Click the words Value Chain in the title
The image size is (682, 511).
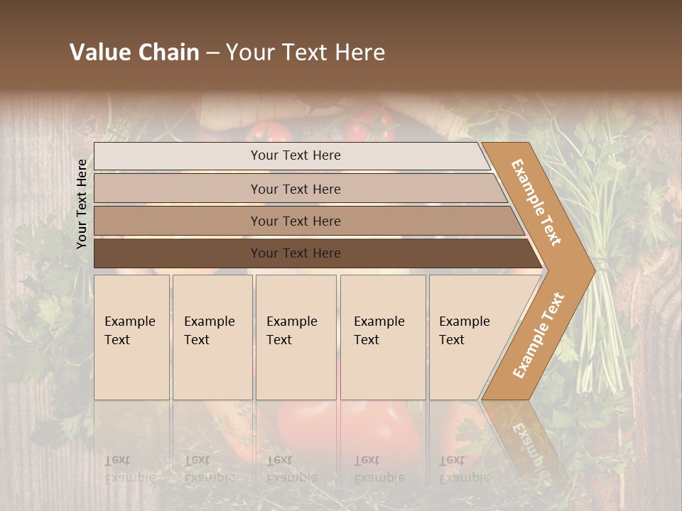pyautogui.click(x=134, y=53)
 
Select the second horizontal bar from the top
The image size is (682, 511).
pyautogui.click(x=296, y=189)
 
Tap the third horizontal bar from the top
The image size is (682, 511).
pyautogui.click(x=296, y=221)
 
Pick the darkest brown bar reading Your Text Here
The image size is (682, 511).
pyautogui.click(x=296, y=253)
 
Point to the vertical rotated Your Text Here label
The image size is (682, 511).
pyautogui.click(x=82, y=204)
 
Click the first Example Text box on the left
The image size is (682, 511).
pyautogui.click(x=131, y=336)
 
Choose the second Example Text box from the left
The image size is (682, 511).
pyautogui.click(x=212, y=336)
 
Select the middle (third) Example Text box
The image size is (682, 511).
pyautogui.click(x=296, y=336)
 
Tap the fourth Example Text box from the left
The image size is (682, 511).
pyautogui.click(x=383, y=336)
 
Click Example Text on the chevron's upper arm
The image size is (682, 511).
pyautogui.click(x=537, y=202)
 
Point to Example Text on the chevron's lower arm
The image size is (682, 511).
pyautogui.click(x=538, y=335)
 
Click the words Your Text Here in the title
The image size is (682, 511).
pyautogui.click(x=305, y=53)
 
